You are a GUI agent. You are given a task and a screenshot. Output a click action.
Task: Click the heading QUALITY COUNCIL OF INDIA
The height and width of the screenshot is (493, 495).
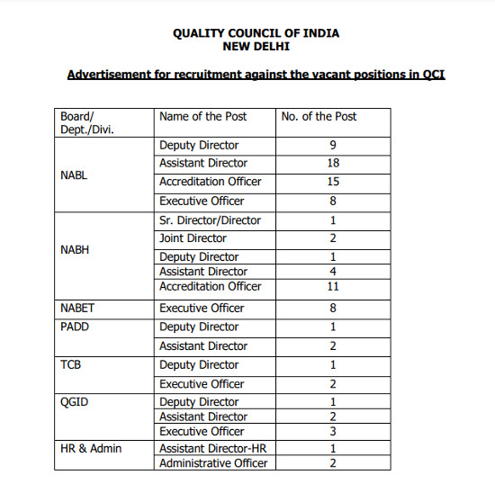click(256, 33)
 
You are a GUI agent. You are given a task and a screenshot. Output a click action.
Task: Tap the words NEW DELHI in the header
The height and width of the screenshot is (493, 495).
click(256, 46)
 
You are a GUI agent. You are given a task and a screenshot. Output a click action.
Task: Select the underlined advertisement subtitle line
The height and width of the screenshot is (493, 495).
click(256, 74)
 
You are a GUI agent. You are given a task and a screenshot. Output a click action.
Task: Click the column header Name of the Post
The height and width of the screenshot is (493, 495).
click(202, 116)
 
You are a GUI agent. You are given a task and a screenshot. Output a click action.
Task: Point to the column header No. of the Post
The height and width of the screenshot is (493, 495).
click(319, 116)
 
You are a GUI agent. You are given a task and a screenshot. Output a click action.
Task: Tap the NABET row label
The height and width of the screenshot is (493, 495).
click(77, 308)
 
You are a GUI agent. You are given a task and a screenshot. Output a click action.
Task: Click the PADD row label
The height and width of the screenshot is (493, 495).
click(75, 327)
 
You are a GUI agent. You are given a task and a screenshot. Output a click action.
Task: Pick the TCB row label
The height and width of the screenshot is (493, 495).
click(71, 364)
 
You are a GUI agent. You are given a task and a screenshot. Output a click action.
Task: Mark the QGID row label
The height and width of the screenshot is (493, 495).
click(74, 402)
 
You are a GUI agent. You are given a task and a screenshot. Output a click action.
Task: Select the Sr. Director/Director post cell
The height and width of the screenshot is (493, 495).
click(210, 220)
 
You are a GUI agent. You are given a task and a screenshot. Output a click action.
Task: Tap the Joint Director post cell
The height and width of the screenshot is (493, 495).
click(193, 238)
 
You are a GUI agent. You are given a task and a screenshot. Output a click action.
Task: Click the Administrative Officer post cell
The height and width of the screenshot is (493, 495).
click(212, 463)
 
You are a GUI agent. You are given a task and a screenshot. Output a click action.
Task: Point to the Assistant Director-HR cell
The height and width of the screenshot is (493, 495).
click(211, 448)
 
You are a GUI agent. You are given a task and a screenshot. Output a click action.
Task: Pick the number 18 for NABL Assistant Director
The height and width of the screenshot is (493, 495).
click(333, 163)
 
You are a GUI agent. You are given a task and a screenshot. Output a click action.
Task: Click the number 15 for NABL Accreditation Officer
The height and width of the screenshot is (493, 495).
click(333, 182)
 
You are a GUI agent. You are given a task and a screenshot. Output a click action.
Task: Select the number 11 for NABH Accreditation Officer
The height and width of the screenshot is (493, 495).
click(333, 286)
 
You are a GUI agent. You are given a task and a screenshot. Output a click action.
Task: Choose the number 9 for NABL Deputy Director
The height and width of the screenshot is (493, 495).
click(333, 145)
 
